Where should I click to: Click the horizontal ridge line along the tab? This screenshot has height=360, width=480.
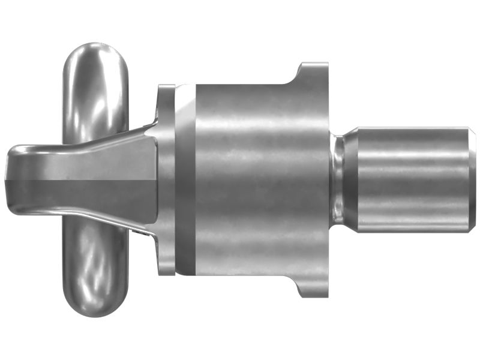click(x=78, y=178)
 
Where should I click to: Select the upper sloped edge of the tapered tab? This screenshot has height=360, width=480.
click(x=114, y=136)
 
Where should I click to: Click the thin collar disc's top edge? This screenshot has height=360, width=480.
click(x=166, y=88)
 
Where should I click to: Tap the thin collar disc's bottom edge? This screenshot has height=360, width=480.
click(x=166, y=273)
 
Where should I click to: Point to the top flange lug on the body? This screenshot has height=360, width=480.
click(x=312, y=72)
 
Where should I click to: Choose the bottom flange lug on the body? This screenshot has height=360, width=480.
click(x=312, y=288)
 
